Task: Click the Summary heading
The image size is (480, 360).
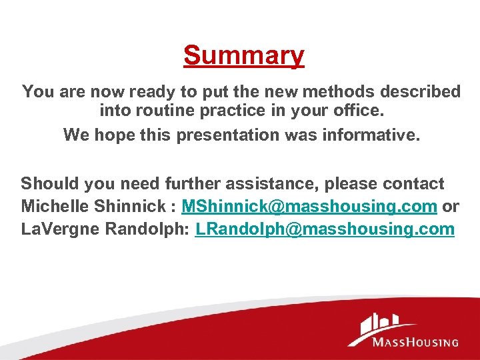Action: tap(244, 55)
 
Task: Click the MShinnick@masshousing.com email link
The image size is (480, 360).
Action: tap(309, 207)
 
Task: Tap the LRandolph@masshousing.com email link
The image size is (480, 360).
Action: tap(325, 229)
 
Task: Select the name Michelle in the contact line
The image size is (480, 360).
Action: tap(51, 207)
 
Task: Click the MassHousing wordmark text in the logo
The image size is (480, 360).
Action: tap(415, 342)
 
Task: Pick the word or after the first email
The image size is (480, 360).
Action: tap(451, 207)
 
